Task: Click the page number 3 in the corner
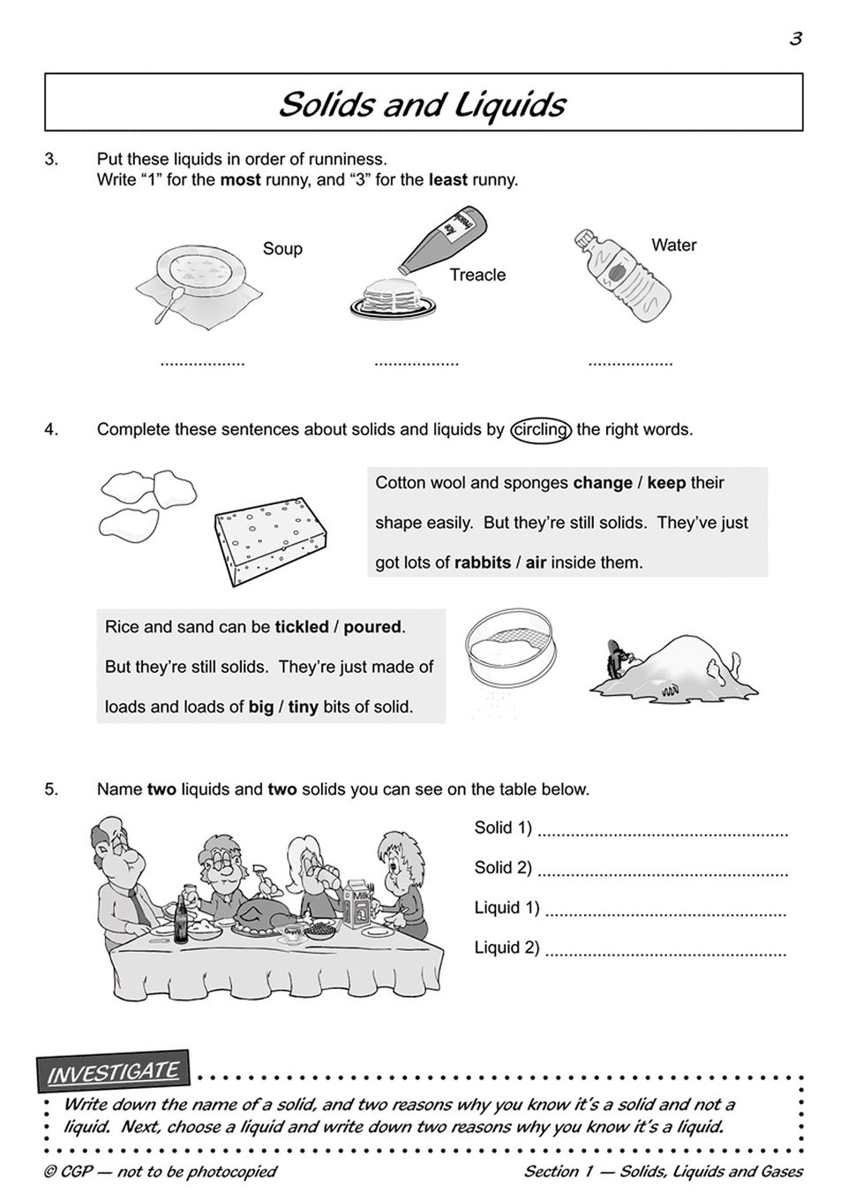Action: (795, 38)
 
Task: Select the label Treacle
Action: (477, 275)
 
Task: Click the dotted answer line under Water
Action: (630, 363)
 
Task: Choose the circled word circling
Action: (541, 430)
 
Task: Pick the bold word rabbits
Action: (482, 562)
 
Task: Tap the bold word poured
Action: (372, 627)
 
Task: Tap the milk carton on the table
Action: (361, 905)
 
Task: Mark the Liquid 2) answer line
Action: (665, 952)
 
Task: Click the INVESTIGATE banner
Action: (113, 1073)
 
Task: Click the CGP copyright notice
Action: (160, 1172)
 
